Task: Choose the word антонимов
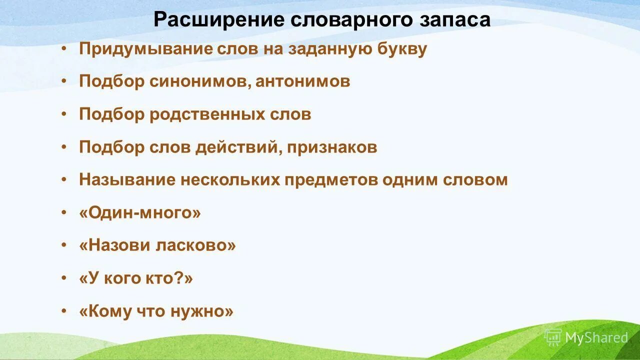click(302, 81)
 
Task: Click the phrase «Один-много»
click(140, 213)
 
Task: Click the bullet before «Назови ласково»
click(63, 245)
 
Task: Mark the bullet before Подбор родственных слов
click(63, 114)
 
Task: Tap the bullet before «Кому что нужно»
click(63, 311)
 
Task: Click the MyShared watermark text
click(596, 338)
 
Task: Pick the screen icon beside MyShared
click(553, 337)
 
